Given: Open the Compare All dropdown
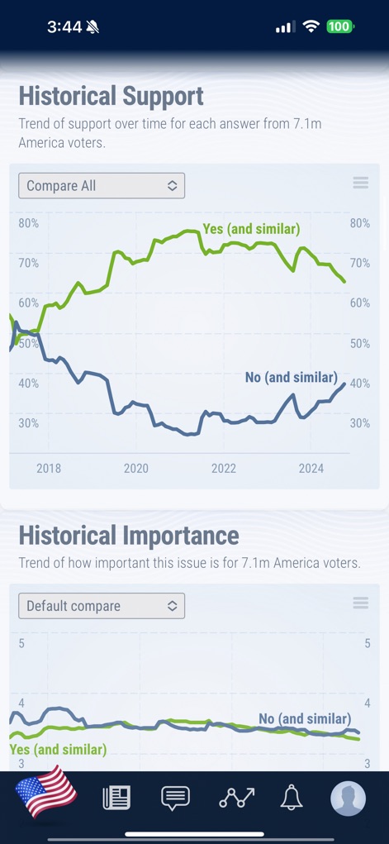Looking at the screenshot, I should point(102,186).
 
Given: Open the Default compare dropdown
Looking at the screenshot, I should point(102,606).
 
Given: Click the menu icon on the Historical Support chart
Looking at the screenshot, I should point(360,184).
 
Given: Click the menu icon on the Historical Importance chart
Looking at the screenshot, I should point(360,603).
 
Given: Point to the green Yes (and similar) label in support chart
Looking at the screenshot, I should point(251,228).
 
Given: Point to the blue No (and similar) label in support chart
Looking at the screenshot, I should point(291,377).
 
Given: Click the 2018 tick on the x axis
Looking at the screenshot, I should point(49,469).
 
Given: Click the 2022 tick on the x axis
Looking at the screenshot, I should point(224,469).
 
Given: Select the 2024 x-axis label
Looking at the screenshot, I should point(311,469).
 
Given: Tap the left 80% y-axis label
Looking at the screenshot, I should point(29,223).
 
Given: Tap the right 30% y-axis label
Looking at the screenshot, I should point(359,423).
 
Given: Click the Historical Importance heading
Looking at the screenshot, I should point(129,536).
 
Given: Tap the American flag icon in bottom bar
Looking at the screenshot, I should point(46,794).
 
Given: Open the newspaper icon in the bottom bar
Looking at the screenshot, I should point(116,798).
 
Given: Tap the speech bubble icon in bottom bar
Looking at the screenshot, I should point(175,798).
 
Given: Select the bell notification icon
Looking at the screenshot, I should point(291,798).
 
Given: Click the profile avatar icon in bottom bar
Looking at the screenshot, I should point(348,799).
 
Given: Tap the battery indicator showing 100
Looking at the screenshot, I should point(339,26).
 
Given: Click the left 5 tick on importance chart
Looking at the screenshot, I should point(21,643).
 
